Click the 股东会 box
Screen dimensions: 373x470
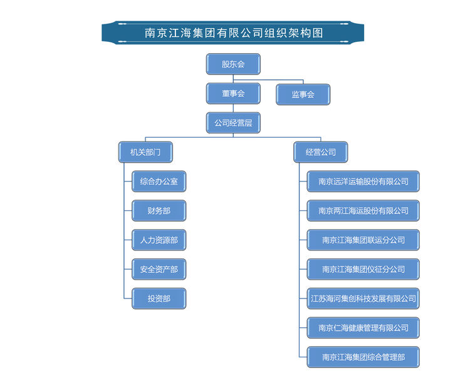(x=233, y=64)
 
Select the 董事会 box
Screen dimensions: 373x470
(x=233, y=93)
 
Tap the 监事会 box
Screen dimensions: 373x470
(x=303, y=95)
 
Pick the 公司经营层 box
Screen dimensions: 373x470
(x=233, y=123)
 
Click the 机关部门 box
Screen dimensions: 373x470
(x=145, y=152)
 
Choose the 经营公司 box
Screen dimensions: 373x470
(x=320, y=152)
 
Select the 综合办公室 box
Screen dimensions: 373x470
(x=159, y=181)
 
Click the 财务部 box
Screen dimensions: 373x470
(x=159, y=211)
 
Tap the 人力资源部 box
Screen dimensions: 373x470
(x=159, y=240)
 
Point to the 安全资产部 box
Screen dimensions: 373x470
(x=159, y=269)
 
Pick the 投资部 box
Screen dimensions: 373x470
(x=159, y=299)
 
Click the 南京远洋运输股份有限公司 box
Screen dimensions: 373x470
(x=363, y=181)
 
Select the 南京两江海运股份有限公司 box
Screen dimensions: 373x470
(x=363, y=211)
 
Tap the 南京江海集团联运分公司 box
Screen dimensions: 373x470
(x=363, y=240)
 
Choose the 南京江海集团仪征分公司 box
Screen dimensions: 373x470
(x=363, y=269)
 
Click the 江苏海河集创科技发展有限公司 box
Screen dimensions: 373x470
(x=363, y=299)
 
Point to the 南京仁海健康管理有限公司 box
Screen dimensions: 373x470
(x=363, y=327)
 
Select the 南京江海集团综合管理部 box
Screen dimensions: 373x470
(x=363, y=357)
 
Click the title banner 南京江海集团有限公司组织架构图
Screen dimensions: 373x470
(x=233, y=33)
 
